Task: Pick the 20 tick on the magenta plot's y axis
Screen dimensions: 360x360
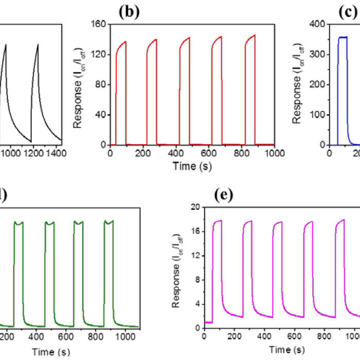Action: coord(196,207)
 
